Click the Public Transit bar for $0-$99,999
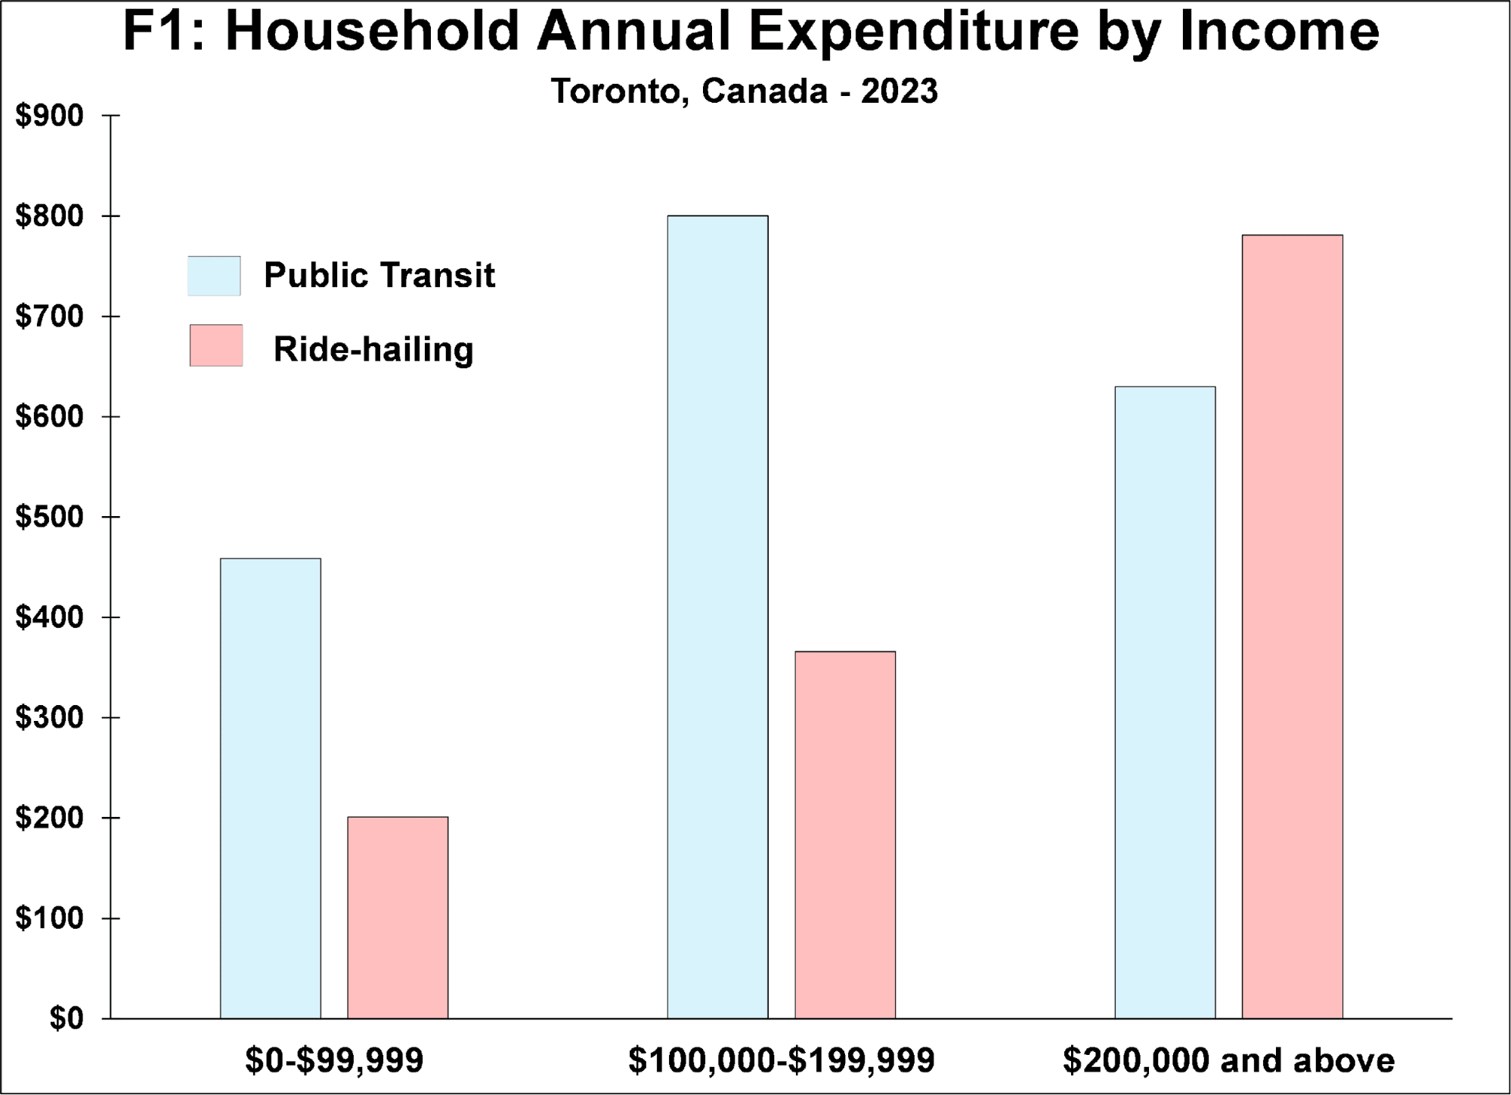coord(271,788)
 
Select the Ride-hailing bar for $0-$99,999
coord(398,917)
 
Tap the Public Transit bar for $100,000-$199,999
coord(717,617)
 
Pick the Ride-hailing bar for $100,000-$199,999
coord(845,834)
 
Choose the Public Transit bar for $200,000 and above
coord(1165,702)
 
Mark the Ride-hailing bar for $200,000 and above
coord(1293,626)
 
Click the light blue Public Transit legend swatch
coord(215,276)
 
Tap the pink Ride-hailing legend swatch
coord(216,346)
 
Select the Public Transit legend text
coord(379,276)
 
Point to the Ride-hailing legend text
coord(373,349)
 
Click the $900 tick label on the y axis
coord(49,116)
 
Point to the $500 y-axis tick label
coord(49,518)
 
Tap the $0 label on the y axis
coord(67,1019)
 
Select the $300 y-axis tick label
coord(49,718)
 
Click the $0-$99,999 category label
coord(334,1061)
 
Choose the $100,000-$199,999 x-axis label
coord(782,1061)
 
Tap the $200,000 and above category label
coord(1228,1061)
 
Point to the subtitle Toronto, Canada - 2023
coord(745,91)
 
